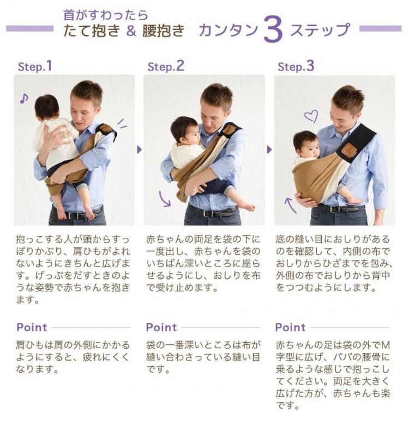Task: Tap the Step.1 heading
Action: coord(35,66)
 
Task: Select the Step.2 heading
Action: coord(166,66)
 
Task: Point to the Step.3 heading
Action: coord(296,66)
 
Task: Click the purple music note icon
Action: coord(24,99)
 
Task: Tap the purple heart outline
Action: coord(311,116)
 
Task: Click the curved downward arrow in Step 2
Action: coord(165,199)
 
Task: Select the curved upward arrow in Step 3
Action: coord(290,205)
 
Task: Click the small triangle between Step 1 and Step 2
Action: coord(139,150)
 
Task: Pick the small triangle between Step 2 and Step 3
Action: coord(269,150)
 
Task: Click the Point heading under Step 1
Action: coord(32,327)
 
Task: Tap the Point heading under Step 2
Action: coord(161,327)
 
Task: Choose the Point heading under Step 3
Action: coord(291,327)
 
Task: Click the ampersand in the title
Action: coord(131,31)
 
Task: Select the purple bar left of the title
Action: coord(30,28)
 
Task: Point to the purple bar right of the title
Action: coord(381,28)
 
